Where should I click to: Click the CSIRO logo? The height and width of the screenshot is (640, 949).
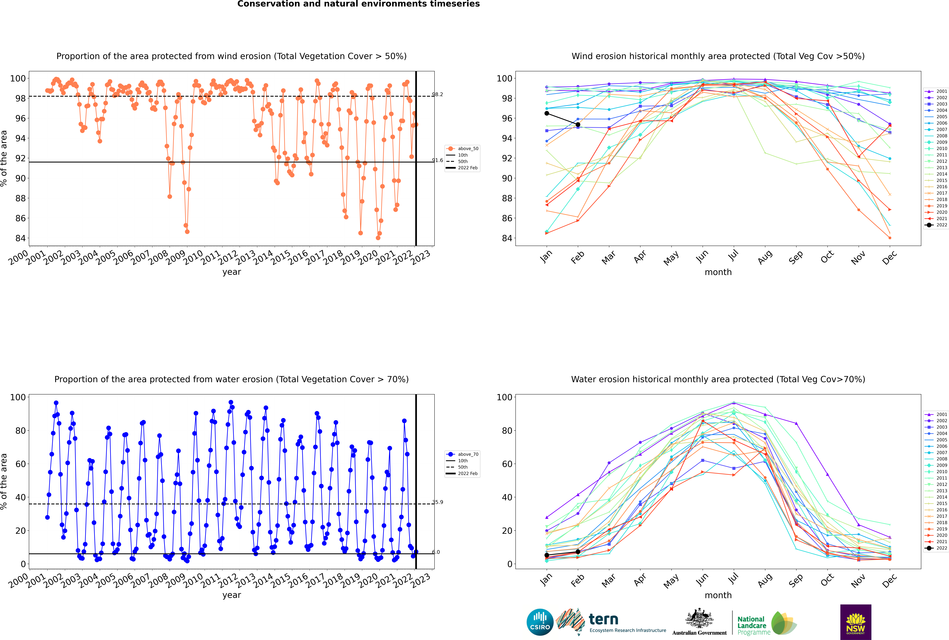[540, 622]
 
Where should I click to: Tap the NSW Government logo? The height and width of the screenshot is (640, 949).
[856, 622]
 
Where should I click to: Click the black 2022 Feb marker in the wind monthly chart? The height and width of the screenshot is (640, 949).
[578, 124]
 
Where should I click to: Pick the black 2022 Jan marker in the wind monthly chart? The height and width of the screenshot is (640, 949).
[547, 113]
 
